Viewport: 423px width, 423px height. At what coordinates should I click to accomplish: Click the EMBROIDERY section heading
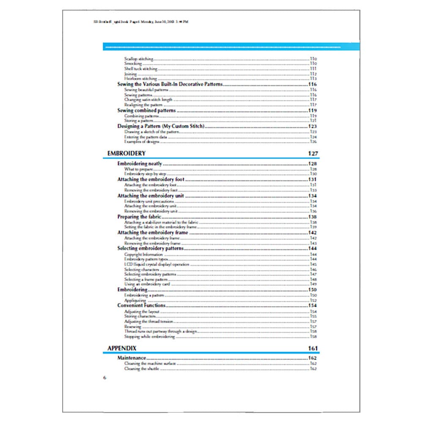(x=126, y=153)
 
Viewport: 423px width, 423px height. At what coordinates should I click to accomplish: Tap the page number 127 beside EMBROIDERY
(x=313, y=154)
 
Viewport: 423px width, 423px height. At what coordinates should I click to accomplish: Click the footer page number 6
(x=104, y=377)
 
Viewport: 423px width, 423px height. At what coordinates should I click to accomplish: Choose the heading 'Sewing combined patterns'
(x=146, y=110)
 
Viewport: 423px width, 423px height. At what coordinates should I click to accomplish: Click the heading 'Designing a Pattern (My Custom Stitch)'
(x=161, y=126)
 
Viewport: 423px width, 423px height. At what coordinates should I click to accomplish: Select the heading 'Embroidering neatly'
(x=139, y=164)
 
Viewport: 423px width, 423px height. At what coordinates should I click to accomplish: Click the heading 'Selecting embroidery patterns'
(x=150, y=249)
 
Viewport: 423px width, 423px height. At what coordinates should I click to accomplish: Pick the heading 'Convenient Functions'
(x=141, y=305)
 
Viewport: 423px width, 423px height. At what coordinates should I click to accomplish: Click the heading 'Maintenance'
(x=132, y=358)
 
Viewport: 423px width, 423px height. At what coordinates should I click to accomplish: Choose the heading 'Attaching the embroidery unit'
(x=150, y=196)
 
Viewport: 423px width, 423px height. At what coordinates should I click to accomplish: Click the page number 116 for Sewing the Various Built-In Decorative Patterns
(x=313, y=85)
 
